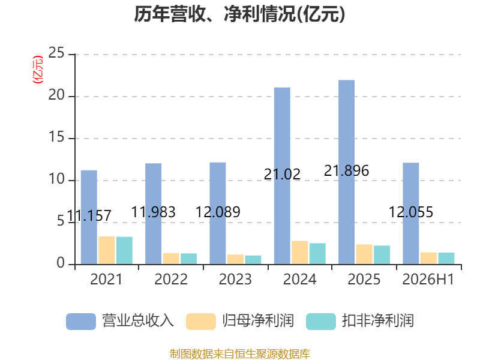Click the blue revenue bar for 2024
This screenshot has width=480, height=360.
click(x=282, y=176)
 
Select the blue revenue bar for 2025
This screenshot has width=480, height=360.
click(x=347, y=172)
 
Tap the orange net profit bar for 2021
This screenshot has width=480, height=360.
click(x=107, y=250)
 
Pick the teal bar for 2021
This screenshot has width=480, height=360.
click(x=124, y=250)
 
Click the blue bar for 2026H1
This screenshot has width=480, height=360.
click(x=411, y=214)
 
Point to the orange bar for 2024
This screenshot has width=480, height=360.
click(x=299, y=253)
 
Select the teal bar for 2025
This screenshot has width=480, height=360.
click(x=382, y=254)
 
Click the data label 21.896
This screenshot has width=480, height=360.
click(x=347, y=171)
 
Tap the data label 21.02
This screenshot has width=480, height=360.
click(x=282, y=175)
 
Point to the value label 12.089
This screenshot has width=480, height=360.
click(x=218, y=212)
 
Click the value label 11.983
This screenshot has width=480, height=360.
click(x=154, y=212)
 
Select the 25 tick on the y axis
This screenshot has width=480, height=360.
click(x=56, y=53)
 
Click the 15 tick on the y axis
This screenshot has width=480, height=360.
click(x=56, y=137)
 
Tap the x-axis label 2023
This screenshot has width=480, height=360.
click(x=235, y=279)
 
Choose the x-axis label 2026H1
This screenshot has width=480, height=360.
click(x=428, y=279)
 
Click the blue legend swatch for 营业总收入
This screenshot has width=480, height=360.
click(x=81, y=322)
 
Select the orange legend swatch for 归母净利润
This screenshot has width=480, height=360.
click(x=201, y=322)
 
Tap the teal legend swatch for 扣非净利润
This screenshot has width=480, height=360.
click(x=321, y=322)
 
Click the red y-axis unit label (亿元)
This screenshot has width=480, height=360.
click(x=38, y=70)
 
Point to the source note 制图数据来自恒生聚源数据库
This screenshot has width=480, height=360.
click(x=240, y=354)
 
